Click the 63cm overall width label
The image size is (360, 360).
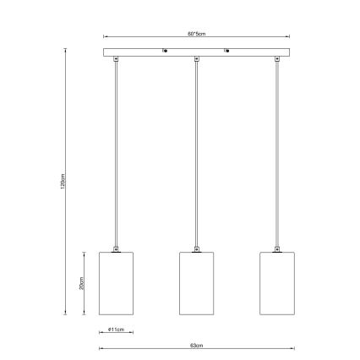(197, 346)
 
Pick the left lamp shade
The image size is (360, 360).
(117, 283)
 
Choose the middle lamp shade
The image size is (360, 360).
(196, 283)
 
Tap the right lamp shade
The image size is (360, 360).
(276, 283)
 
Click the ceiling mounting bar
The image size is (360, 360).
(195, 53)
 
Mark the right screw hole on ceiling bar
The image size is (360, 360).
(226, 53)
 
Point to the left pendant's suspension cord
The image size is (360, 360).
(117, 152)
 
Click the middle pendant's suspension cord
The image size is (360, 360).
(196, 152)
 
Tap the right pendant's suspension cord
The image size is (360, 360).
(276, 152)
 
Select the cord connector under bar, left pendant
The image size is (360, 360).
(117, 60)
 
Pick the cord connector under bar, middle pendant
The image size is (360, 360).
(196, 60)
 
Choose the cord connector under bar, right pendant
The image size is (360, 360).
(276, 60)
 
